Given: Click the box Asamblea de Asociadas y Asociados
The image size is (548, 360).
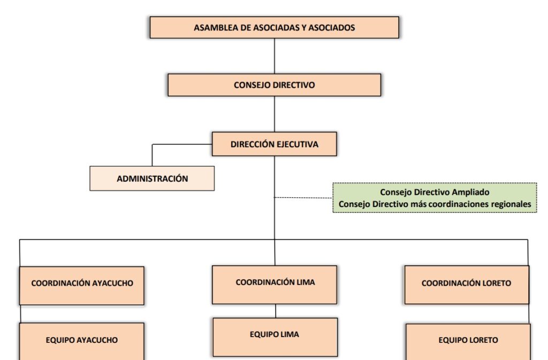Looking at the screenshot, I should pyautogui.click(x=274, y=27).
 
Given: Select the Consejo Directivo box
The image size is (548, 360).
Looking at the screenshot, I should pyautogui.click(x=274, y=85).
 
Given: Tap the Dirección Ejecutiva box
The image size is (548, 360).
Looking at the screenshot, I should pyautogui.click(x=274, y=144).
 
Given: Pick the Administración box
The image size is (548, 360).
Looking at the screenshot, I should pyautogui.click(x=152, y=179).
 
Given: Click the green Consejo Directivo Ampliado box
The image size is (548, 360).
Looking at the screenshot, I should pyautogui.click(x=435, y=198).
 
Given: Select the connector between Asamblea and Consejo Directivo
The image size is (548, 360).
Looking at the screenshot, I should pyautogui.click(x=275, y=56).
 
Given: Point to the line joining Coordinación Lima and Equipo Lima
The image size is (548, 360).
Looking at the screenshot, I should pyautogui.click(x=276, y=311).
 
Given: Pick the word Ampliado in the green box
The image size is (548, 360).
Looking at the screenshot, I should pyautogui.click(x=471, y=192).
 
